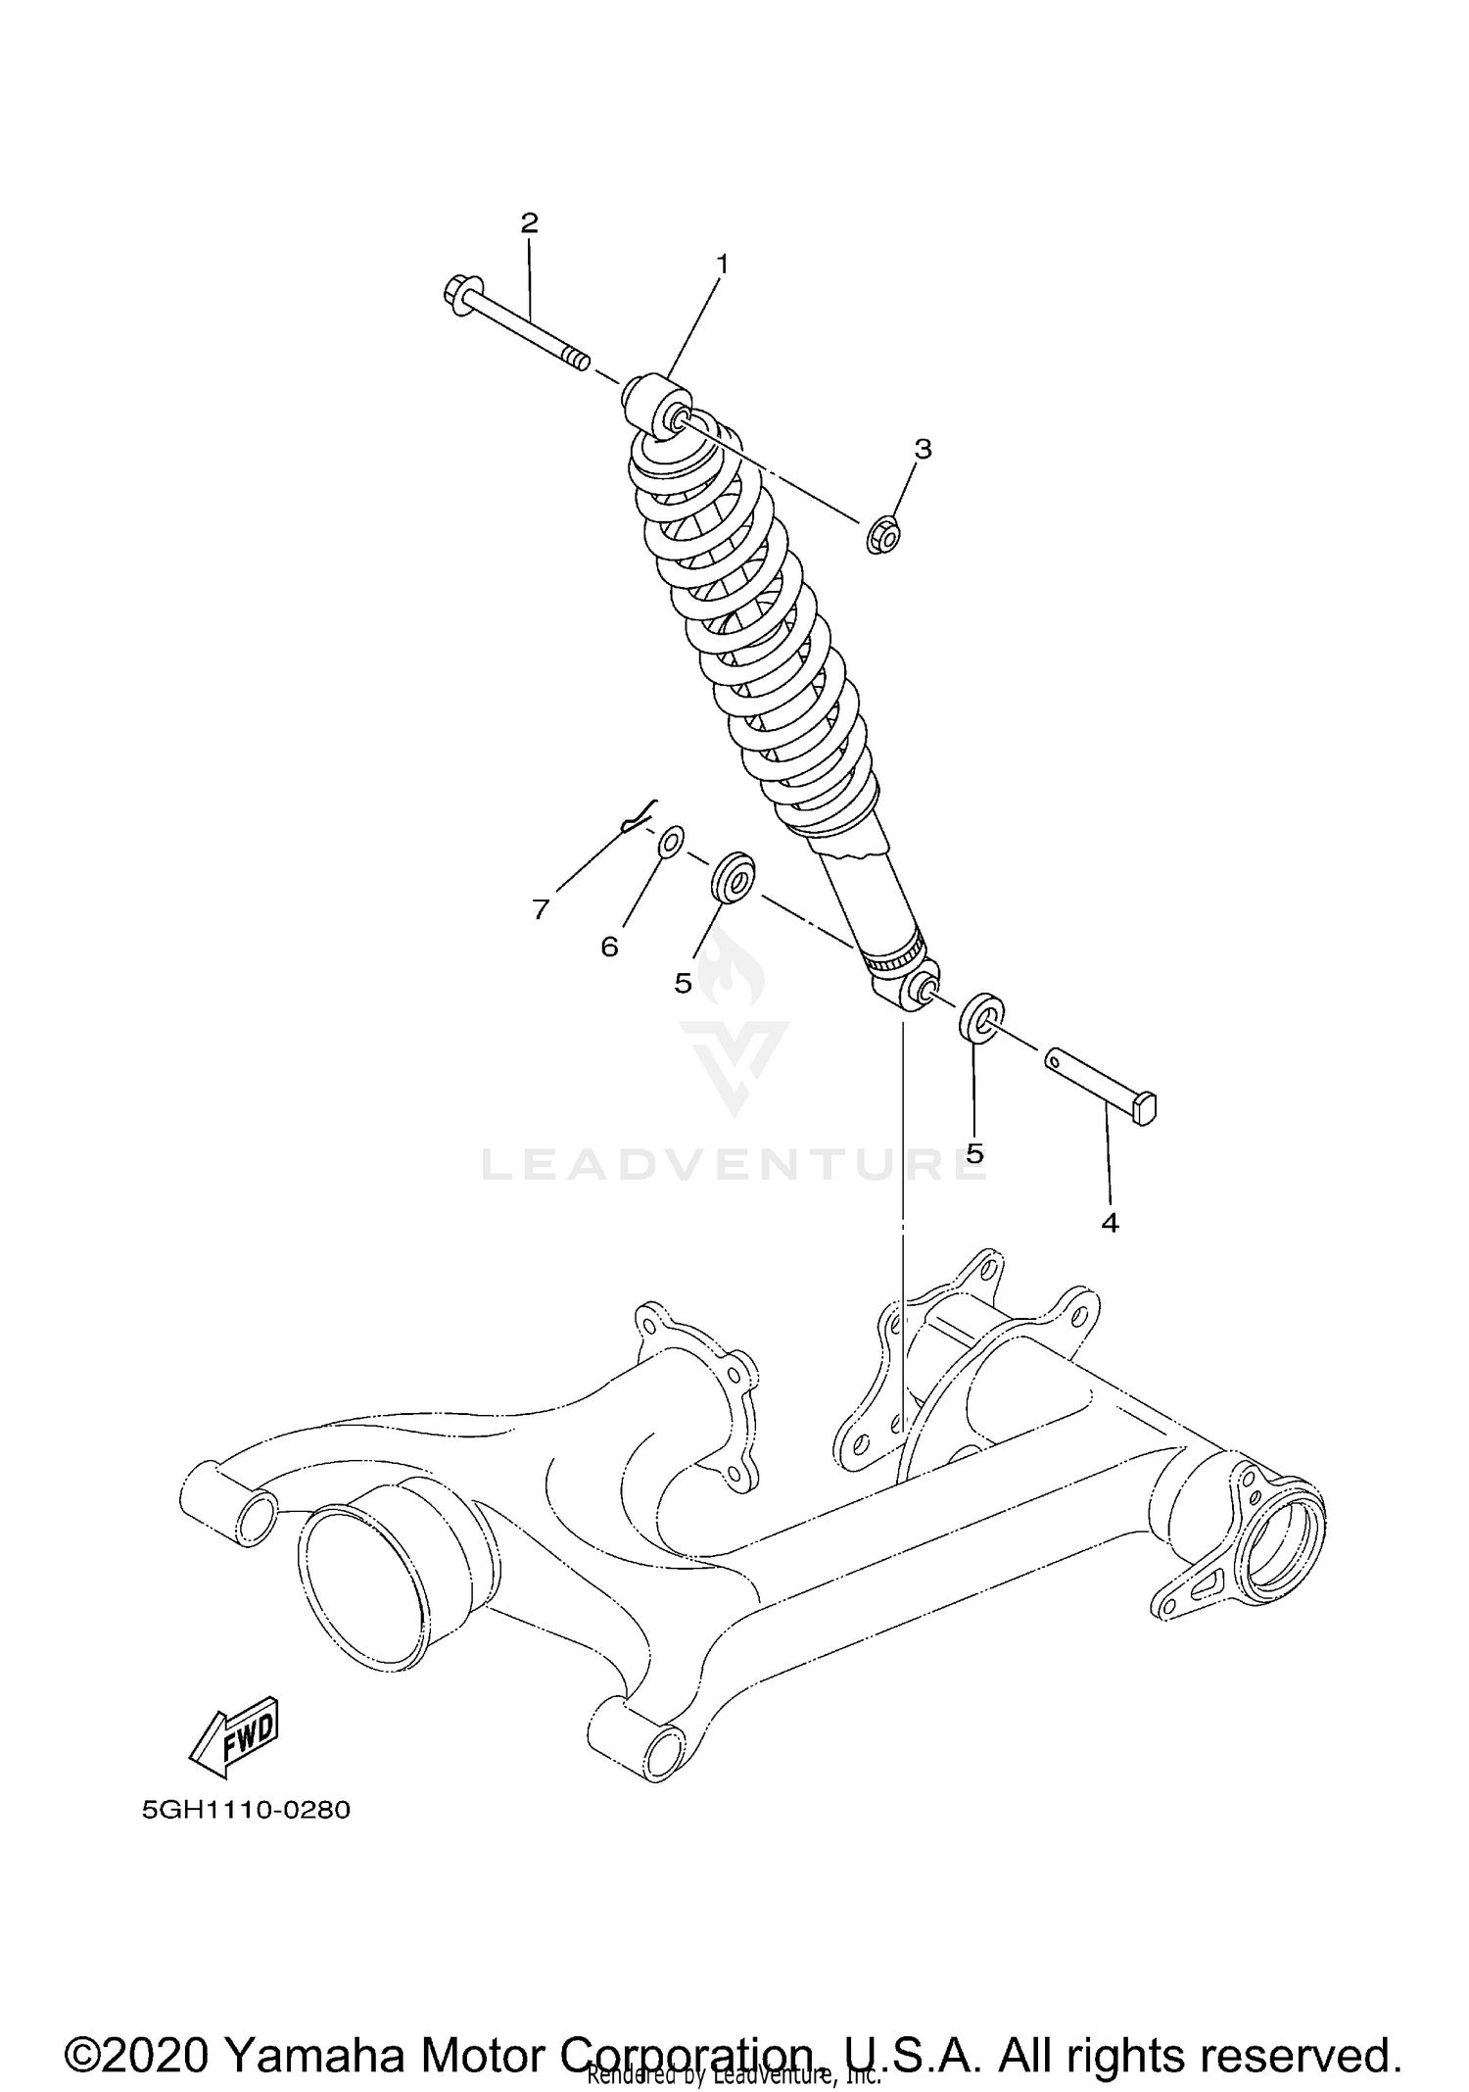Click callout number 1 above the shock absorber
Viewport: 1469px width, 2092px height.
tap(722, 265)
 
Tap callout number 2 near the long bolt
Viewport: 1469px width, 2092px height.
tap(529, 223)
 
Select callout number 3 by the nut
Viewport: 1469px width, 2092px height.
tap(923, 450)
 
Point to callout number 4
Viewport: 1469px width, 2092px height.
tap(1110, 1223)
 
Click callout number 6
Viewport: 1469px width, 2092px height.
tap(609, 947)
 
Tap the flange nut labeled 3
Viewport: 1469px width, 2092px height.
tap(883, 535)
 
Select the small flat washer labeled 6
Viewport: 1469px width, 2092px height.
tap(671, 841)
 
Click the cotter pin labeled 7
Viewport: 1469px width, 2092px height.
tap(639, 817)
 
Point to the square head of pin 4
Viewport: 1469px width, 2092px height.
tap(1145, 1107)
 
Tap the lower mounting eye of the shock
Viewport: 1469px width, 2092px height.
tap(912, 993)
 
